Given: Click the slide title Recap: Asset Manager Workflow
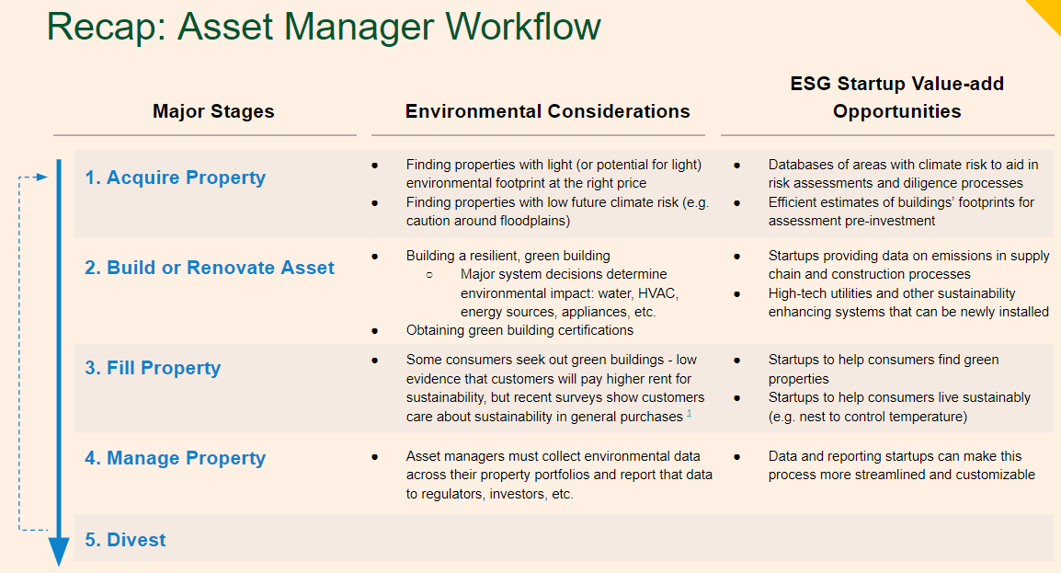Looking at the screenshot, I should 324,27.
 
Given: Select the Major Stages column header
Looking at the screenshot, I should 213,112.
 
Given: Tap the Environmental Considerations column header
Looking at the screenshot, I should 547,112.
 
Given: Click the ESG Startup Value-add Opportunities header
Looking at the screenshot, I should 896,97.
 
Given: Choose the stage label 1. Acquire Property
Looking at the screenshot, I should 175,178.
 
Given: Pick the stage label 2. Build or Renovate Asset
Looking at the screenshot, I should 210,268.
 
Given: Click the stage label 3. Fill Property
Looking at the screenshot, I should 153,368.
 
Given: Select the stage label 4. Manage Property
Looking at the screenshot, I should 175,458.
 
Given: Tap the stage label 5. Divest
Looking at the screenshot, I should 125,540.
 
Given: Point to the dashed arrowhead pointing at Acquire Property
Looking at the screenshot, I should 40,177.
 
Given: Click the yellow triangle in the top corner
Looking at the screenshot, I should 1046,11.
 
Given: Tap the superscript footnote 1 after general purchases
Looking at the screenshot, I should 689,414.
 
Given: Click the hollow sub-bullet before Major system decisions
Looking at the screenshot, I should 428,274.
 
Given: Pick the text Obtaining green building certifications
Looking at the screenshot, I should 519,330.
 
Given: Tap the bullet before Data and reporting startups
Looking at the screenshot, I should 736,456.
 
